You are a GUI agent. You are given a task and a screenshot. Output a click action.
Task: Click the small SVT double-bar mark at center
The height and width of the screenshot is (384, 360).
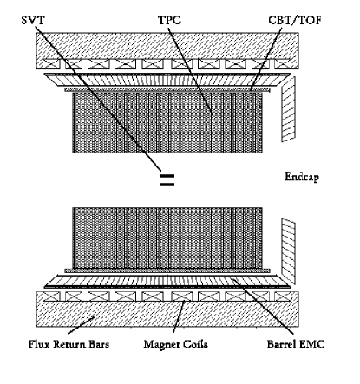[x=167, y=181]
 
